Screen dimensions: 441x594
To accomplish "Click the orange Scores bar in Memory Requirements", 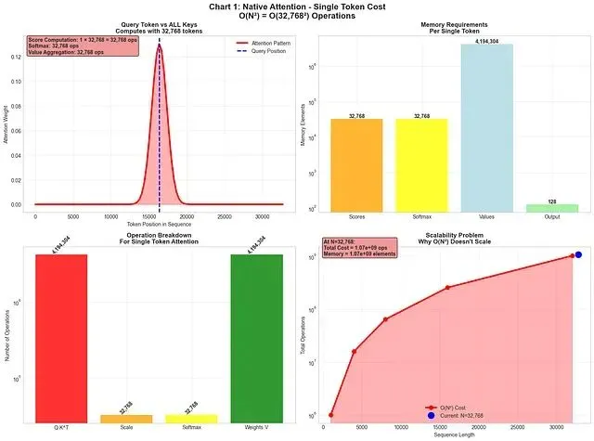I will point(356,163).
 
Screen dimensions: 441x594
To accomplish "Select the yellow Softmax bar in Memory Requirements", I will point(421,163).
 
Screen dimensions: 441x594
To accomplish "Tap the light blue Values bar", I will point(486,125).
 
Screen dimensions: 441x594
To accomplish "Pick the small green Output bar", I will point(551,207).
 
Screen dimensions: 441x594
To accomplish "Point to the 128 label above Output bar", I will point(551,201).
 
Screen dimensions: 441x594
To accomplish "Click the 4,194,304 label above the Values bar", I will point(486,41).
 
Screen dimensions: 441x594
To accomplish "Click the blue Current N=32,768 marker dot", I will point(578,254).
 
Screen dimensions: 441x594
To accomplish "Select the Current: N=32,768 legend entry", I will point(455,415).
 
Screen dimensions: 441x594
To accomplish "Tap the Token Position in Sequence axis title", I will point(160,225).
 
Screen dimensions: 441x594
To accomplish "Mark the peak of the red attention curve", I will point(160,45).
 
